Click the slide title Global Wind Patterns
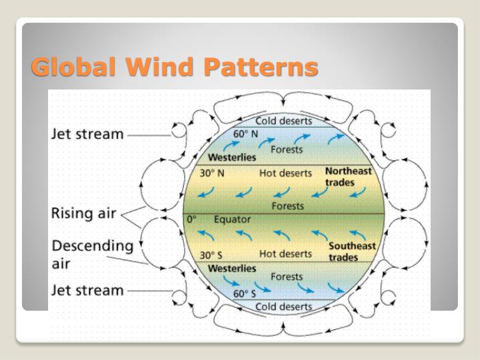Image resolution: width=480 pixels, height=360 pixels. (x=174, y=67)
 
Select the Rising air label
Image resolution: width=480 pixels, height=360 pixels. (x=83, y=214)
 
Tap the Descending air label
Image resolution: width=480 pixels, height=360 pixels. (x=92, y=254)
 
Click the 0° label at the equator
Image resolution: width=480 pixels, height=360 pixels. (x=192, y=219)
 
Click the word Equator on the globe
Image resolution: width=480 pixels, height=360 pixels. (x=232, y=219)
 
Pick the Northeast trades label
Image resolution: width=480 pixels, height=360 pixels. (x=348, y=176)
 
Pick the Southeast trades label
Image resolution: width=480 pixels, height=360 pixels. (x=352, y=251)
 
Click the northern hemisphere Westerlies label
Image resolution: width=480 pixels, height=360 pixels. (x=232, y=158)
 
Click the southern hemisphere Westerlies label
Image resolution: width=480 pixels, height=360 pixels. (x=232, y=268)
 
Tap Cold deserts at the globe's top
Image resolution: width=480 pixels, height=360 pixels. (x=284, y=121)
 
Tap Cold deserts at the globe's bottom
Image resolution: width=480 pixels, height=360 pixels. (x=284, y=307)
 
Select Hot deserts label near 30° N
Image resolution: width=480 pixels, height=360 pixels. (x=285, y=173)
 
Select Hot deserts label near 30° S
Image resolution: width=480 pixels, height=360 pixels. (x=285, y=254)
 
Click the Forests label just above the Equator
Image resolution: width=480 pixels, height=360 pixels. (x=287, y=206)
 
